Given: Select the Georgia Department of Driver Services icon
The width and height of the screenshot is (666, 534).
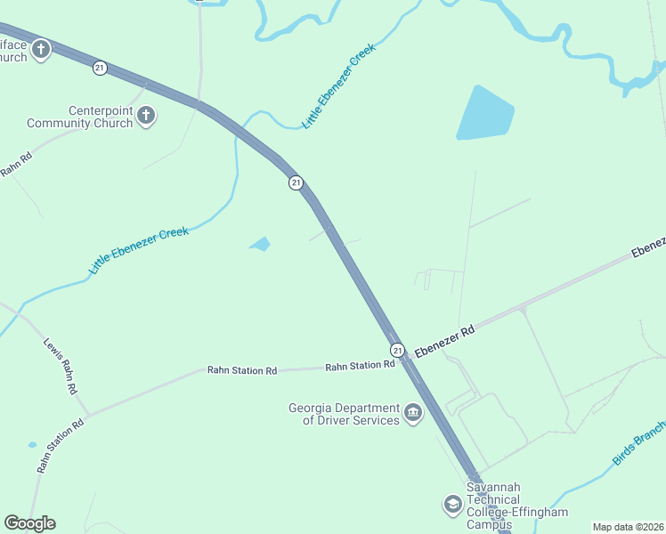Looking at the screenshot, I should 413,413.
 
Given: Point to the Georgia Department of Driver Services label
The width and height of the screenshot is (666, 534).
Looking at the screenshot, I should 343,415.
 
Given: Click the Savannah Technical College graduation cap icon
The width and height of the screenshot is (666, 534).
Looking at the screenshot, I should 452,505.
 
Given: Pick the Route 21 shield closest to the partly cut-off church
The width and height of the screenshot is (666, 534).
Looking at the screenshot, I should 100,67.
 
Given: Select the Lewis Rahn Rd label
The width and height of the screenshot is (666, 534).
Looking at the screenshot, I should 61,366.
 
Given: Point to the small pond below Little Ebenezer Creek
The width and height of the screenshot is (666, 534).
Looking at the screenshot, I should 260,244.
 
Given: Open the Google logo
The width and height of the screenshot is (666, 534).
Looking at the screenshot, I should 29,523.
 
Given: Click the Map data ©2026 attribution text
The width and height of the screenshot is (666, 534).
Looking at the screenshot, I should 627,527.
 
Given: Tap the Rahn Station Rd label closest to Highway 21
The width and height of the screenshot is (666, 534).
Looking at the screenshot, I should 360,366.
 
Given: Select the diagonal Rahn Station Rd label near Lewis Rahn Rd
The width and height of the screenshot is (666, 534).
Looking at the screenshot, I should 60,445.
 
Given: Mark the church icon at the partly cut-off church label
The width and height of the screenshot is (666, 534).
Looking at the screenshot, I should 41,51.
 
